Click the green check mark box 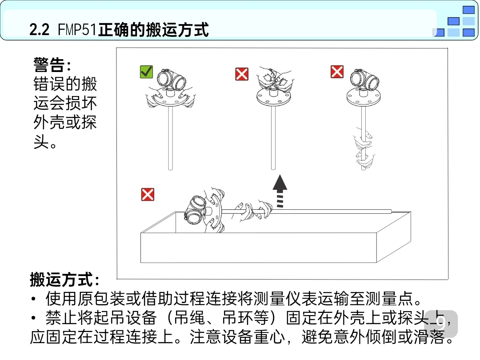[146, 72]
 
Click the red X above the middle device [242, 74]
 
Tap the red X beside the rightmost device [337, 72]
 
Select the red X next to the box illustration [148, 194]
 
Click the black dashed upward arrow [280, 191]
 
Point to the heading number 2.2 [39, 30]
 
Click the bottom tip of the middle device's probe [273, 168]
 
